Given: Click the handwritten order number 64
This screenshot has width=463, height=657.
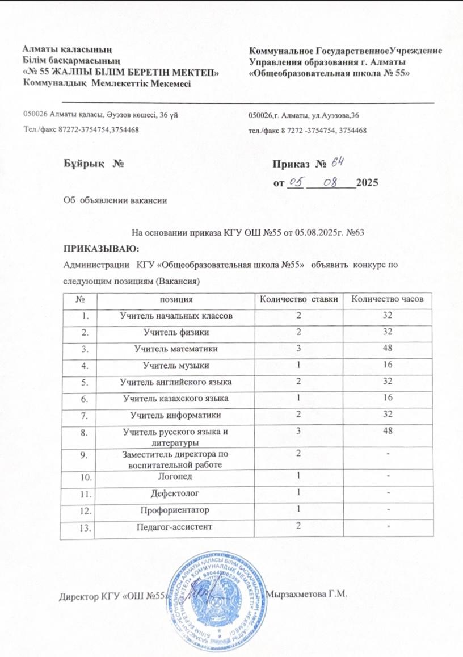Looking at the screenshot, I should pos(338,163).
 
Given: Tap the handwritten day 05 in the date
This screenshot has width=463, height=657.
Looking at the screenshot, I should pos(296,182).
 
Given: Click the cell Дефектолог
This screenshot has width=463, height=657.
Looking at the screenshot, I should pos(176,494).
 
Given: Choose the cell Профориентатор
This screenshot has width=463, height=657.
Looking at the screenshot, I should pos(176,510).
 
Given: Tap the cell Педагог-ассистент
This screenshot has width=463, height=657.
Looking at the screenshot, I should pos(176,527).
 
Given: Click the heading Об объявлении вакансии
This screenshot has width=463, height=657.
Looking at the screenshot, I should pos(115,200).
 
